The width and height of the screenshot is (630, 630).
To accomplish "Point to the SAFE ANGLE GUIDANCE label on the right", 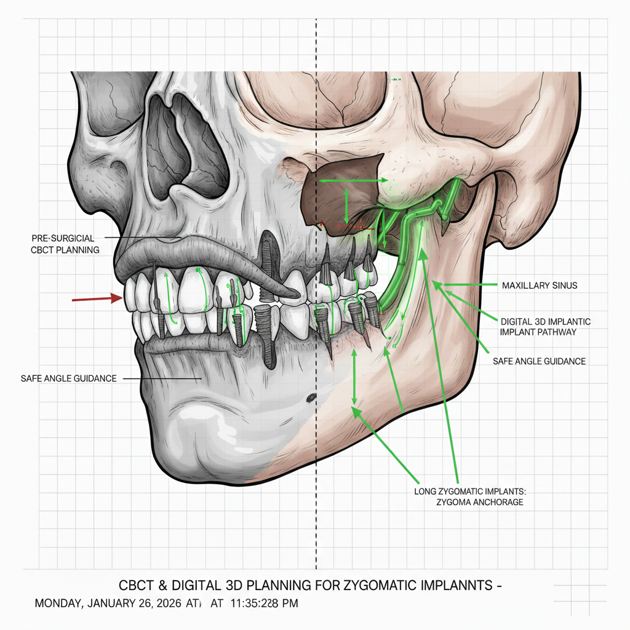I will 539,361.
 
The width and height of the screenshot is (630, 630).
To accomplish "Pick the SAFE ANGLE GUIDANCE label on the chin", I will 69,378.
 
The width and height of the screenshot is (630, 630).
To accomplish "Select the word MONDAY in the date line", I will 57,603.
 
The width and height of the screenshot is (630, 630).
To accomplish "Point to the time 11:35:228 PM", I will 265,603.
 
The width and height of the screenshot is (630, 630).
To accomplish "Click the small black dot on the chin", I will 311,396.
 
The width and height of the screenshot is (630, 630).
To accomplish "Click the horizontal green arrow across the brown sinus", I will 353,181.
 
